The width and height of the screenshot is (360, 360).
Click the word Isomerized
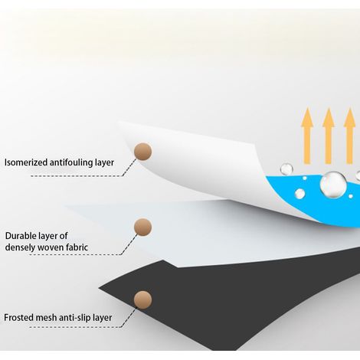point(26,162)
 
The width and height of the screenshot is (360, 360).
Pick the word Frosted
point(18,318)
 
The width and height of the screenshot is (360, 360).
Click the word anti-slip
point(75,318)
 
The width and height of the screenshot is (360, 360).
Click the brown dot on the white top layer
point(142,152)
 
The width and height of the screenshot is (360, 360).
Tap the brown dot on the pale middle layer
point(142,227)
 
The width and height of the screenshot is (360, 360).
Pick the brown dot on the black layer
point(142,299)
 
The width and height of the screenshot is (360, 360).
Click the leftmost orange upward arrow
point(307,136)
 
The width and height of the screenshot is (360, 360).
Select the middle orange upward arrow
point(329,136)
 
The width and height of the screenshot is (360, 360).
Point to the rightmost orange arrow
point(349,136)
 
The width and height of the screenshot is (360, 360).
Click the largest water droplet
point(333,185)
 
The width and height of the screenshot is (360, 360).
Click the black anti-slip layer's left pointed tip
point(99,288)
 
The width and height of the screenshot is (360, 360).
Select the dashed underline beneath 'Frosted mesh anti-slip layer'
point(75,327)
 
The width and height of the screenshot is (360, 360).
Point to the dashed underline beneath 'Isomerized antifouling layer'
point(77,176)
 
